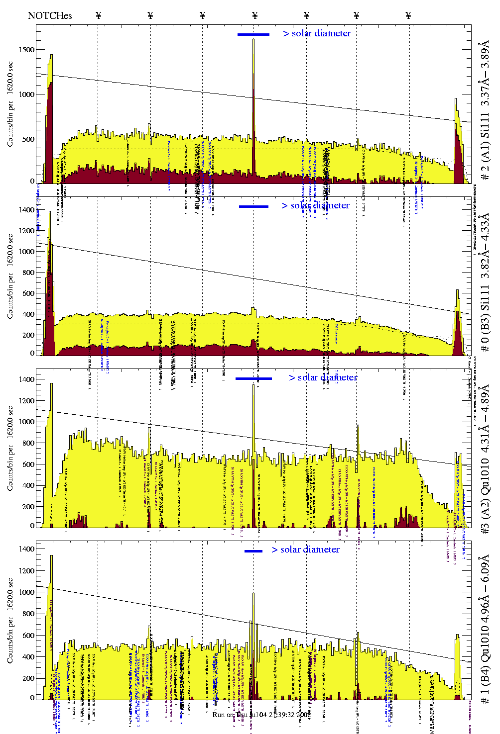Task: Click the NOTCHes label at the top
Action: pyautogui.click(x=50, y=15)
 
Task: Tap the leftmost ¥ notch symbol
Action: pyautogui.click(x=99, y=15)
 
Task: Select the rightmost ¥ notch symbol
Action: pyautogui.click(x=408, y=15)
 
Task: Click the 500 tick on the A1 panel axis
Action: pyautogui.click(x=28, y=139)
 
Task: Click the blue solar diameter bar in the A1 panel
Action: pyautogui.click(x=253, y=34)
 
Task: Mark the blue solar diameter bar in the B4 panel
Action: pyautogui.click(x=253, y=551)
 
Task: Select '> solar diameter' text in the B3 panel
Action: pyautogui.click(x=315, y=205)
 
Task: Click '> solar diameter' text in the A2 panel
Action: pyautogui.click(x=323, y=377)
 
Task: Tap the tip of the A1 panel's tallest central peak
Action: pyautogui.click(x=253, y=39)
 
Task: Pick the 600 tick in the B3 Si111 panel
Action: pyautogui.click(x=28, y=293)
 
